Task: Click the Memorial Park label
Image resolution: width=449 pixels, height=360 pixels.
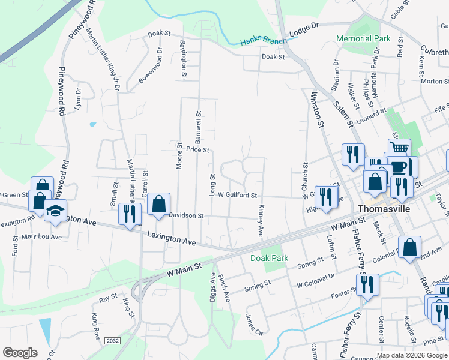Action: pyautogui.click(x=363, y=38)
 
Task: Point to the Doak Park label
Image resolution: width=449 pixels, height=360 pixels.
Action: pyautogui.click(x=269, y=258)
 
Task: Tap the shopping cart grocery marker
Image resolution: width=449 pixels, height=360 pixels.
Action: pyautogui.click(x=399, y=148)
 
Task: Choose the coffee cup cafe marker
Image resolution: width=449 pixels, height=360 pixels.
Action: pyautogui.click(x=400, y=166)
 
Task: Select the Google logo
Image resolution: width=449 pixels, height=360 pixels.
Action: pyautogui.click(x=20, y=353)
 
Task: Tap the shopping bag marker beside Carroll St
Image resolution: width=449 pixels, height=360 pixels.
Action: pyautogui.click(x=158, y=203)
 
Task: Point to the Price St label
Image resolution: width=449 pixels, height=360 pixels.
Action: pyautogui.click(x=197, y=149)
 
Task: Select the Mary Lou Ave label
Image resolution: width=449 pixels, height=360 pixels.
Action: pyautogui.click(x=42, y=236)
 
